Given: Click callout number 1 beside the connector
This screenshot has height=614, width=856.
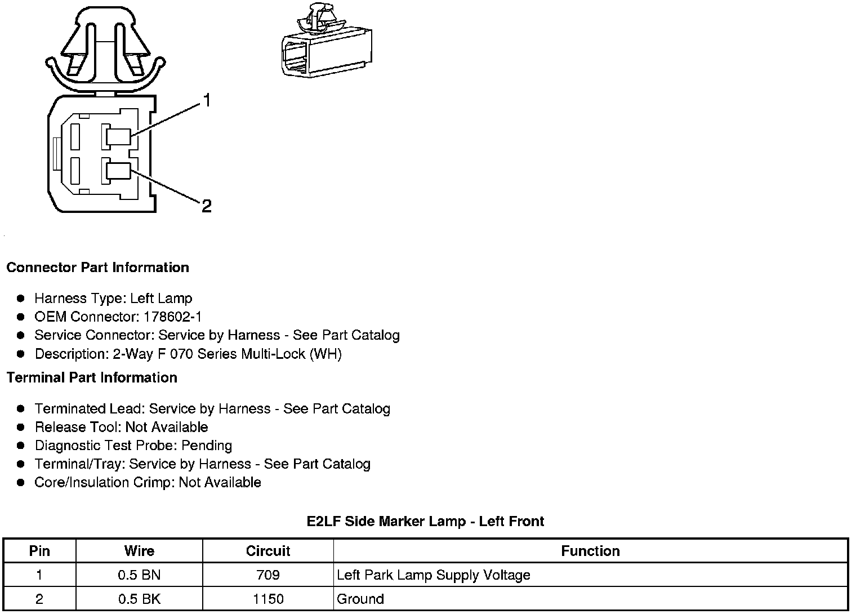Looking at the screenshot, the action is pyautogui.click(x=207, y=101).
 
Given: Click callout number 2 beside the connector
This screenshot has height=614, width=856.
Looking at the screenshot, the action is pyautogui.click(x=206, y=206).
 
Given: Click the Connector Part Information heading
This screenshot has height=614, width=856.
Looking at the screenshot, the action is pyautogui.click(x=97, y=268).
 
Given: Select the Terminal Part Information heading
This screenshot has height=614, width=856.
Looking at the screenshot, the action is pyautogui.click(x=92, y=377).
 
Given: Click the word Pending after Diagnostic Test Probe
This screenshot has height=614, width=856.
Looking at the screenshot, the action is pyautogui.click(x=207, y=446).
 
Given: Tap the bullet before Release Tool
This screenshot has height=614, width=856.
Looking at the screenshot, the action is pyautogui.click(x=21, y=428).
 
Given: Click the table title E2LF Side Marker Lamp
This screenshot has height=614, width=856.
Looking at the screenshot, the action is pyautogui.click(x=425, y=521).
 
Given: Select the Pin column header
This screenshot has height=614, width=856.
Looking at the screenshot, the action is pyautogui.click(x=39, y=551).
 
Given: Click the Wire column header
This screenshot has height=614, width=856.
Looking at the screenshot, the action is pyautogui.click(x=139, y=551).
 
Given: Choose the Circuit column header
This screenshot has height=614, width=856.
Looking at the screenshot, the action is pyautogui.click(x=268, y=551).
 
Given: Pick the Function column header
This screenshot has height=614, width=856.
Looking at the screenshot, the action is pyautogui.click(x=590, y=551).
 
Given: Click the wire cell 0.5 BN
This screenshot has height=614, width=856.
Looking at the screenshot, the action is pyautogui.click(x=139, y=575).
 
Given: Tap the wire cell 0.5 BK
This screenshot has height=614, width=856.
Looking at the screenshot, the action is pyautogui.click(x=139, y=599).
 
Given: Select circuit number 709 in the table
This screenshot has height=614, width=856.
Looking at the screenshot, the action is pyautogui.click(x=268, y=575).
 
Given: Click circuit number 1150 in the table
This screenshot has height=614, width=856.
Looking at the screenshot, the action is pyautogui.click(x=268, y=599).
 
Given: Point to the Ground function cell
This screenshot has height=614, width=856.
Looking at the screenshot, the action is pyautogui.click(x=360, y=599).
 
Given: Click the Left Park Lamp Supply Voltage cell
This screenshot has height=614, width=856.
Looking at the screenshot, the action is pyautogui.click(x=434, y=575).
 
